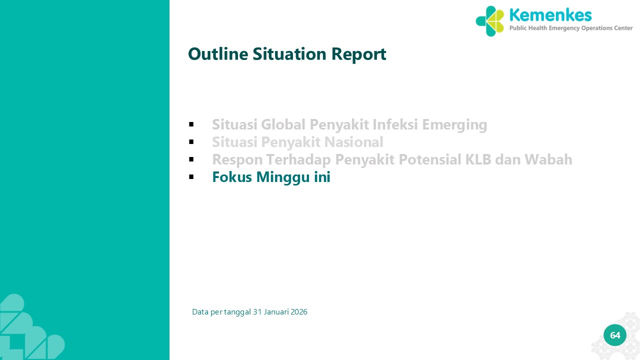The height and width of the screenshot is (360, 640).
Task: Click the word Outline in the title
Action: pos(218,53)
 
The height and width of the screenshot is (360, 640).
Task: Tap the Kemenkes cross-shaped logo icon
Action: pos(489,21)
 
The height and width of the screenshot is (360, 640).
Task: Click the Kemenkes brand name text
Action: pos(550,15)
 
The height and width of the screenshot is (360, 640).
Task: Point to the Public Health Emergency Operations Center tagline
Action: pos(571,28)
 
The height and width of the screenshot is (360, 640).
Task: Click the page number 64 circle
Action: pos(615,335)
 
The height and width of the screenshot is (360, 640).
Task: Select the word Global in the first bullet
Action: pos(283,124)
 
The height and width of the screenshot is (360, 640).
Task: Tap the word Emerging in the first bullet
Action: pos(454,125)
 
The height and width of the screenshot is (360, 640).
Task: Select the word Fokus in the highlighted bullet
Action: pos(232,177)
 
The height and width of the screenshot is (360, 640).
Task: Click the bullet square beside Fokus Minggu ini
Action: pos(191,177)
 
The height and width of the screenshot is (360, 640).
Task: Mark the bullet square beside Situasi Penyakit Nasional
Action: pos(191,141)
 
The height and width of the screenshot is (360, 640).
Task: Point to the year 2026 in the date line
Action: pos(299,312)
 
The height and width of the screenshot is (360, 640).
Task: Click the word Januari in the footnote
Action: pos(276,312)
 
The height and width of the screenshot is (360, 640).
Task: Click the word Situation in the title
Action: pos(289,53)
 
